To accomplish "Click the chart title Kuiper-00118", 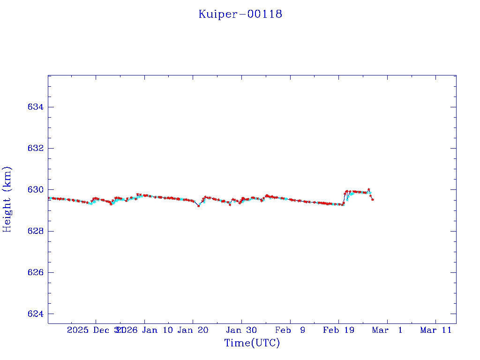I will point(240,14).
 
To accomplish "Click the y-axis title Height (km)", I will point(7,199).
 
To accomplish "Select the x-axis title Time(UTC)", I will point(252,343).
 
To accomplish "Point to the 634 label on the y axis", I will point(36,107).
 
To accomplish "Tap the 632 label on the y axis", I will point(36,149).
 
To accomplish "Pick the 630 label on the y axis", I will point(36,190).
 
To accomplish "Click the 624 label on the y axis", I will point(36,314).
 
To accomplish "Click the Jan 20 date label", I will point(193,330).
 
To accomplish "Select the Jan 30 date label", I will point(241,330).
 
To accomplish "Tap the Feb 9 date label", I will point(290,330).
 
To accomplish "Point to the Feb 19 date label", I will point(338,330).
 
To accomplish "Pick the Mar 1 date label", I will point(387,330).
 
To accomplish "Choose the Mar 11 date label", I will point(435,330).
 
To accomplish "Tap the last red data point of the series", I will point(373,200).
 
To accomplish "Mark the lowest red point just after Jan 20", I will point(199,206).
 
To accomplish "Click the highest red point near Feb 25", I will point(369,189).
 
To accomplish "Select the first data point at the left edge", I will point(49,198).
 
